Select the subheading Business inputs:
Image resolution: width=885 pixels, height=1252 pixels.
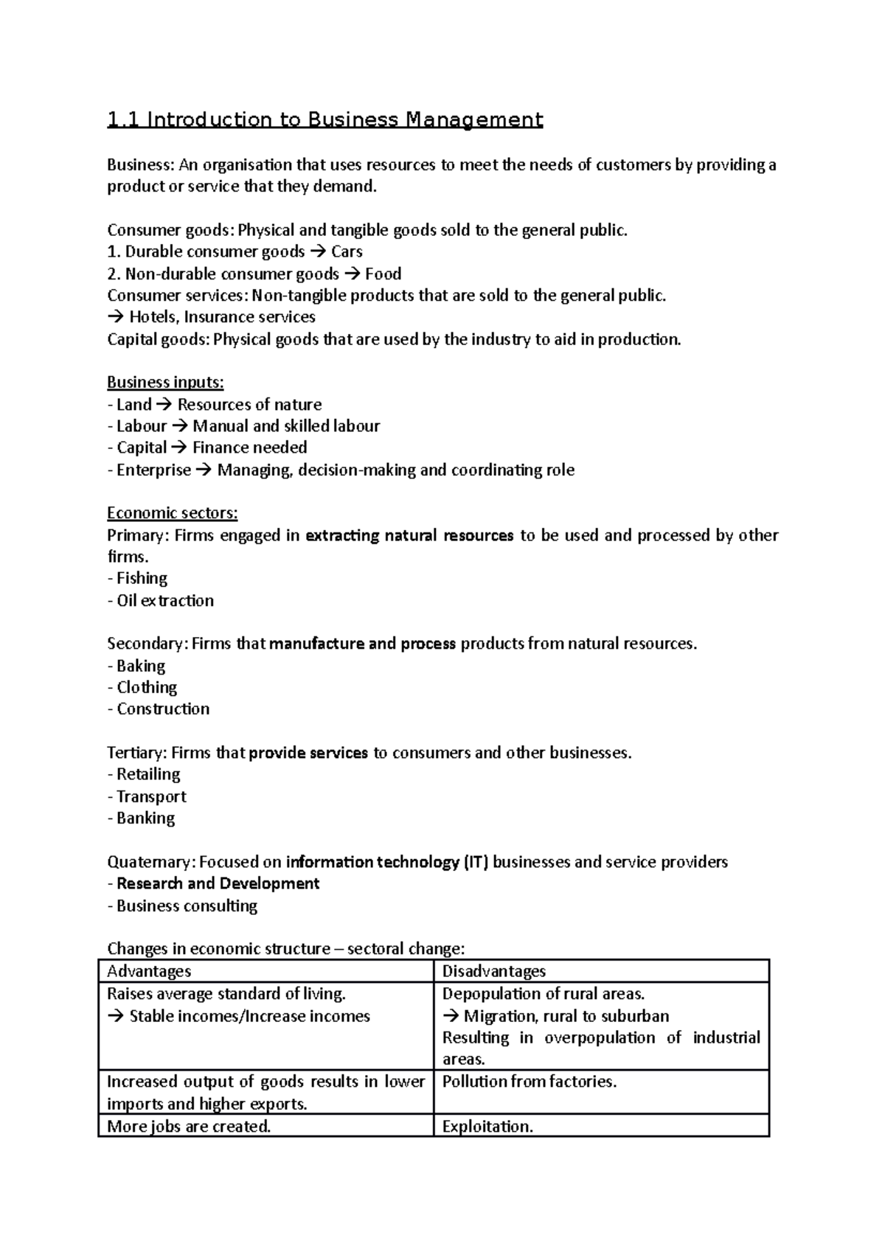(x=165, y=383)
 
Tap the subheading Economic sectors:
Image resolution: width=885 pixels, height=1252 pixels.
(x=172, y=513)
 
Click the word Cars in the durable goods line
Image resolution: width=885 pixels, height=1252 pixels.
(x=347, y=252)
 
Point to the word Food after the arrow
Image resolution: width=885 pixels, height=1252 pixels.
(x=383, y=274)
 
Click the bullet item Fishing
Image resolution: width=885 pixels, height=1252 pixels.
(x=142, y=578)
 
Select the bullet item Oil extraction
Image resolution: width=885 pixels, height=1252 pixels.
(x=164, y=600)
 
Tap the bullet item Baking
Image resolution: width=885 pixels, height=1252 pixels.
(x=140, y=666)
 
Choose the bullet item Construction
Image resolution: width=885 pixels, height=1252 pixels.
(x=162, y=709)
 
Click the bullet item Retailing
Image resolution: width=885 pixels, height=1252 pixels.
(x=147, y=774)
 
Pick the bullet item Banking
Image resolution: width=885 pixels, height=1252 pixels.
(x=145, y=818)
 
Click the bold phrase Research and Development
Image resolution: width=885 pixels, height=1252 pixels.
(x=218, y=884)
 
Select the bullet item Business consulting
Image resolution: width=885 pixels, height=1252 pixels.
(x=187, y=906)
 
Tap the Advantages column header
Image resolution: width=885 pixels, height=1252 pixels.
(x=149, y=972)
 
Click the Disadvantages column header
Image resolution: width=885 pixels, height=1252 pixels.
(x=493, y=972)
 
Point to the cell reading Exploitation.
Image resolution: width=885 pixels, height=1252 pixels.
(x=487, y=1127)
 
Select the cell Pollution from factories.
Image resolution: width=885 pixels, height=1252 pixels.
(x=529, y=1082)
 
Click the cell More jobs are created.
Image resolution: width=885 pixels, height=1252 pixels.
(x=189, y=1127)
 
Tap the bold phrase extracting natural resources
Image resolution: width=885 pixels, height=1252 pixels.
(x=409, y=535)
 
